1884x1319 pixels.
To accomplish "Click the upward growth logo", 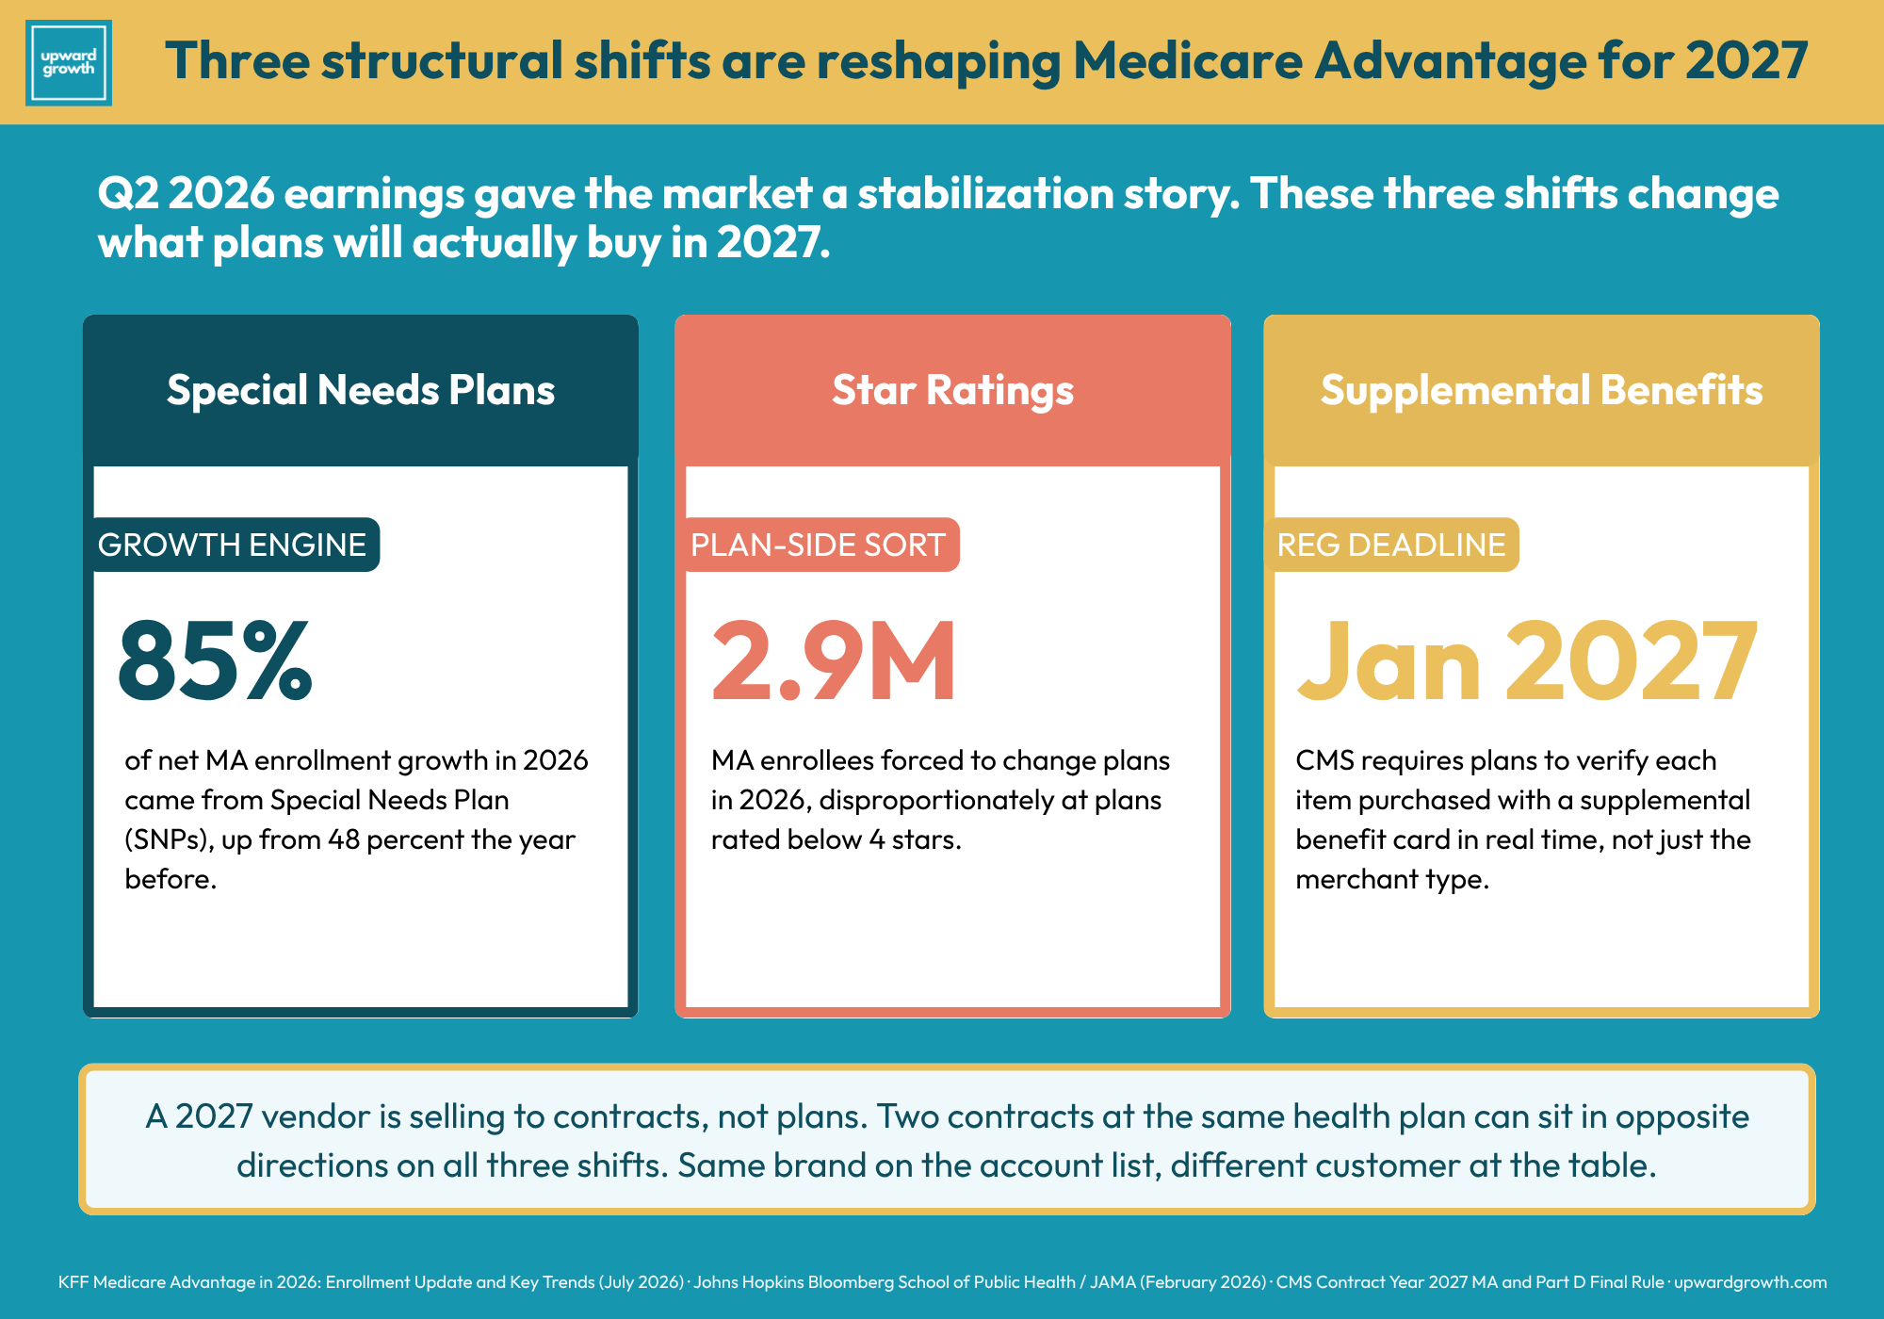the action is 69,62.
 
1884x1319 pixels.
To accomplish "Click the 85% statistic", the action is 215,660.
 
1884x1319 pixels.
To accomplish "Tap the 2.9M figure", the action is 834,660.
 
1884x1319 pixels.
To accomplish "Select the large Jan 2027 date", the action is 1527,660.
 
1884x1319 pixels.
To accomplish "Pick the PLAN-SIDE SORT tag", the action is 818,545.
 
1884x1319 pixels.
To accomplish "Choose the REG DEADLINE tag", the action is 1391,545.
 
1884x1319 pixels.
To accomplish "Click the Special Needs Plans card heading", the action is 361,390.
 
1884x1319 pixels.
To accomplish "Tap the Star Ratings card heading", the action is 952,390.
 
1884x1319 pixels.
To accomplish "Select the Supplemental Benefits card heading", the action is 1541,390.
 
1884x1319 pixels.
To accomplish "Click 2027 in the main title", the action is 1746,61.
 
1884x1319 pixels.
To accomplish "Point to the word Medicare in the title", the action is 1187,61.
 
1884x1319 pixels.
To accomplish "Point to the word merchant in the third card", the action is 1356,879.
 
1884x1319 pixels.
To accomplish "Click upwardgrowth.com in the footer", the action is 1750,1282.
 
